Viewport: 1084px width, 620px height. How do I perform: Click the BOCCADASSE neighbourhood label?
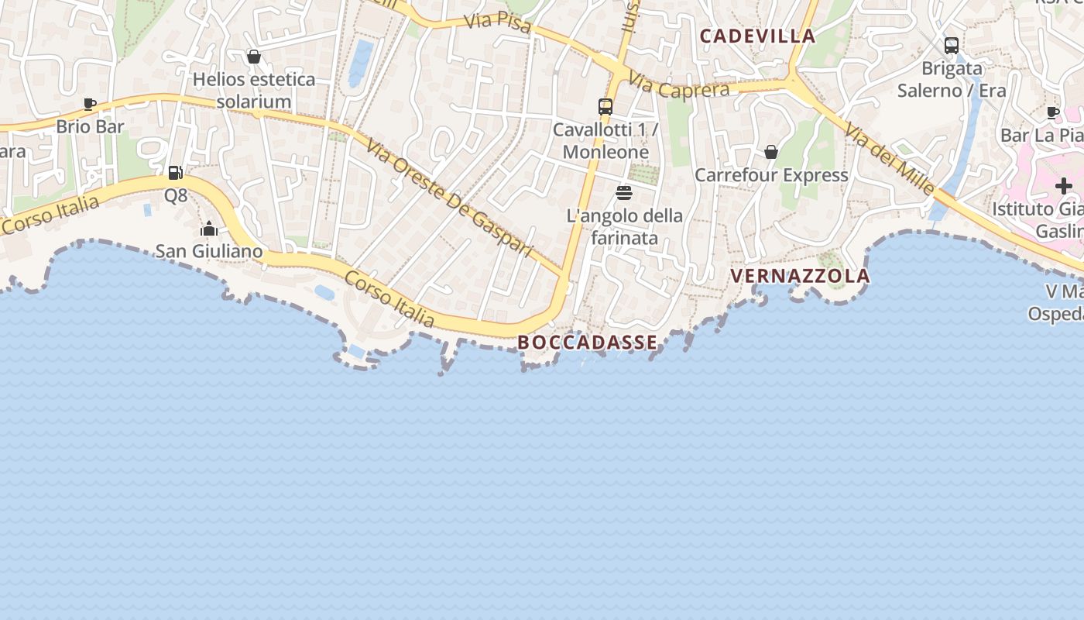(x=588, y=343)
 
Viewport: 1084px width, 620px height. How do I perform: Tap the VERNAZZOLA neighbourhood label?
(x=800, y=277)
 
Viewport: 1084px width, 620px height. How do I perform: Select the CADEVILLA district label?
(x=757, y=36)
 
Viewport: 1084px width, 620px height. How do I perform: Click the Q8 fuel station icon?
(x=176, y=173)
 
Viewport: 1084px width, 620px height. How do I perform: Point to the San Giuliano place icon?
(x=209, y=229)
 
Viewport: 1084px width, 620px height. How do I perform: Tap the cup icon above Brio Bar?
(x=90, y=104)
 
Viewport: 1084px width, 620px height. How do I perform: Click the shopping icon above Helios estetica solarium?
(x=253, y=57)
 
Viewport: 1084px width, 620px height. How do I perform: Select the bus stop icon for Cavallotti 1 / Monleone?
(x=605, y=107)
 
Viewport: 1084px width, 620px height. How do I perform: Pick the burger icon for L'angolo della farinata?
(x=624, y=193)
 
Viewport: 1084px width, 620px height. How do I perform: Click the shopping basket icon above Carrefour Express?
(x=771, y=152)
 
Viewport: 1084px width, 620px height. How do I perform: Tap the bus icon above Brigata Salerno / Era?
(x=952, y=46)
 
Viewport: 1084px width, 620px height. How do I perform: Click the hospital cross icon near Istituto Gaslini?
(x=1064, y=186)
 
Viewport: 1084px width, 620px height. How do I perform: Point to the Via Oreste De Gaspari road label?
(x=450, y=198)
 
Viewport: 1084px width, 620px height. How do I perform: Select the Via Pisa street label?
(x=498, y=24)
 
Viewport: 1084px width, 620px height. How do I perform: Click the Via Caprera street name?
(x=679, y=85)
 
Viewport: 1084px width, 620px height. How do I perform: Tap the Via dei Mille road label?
(x=890, y=158)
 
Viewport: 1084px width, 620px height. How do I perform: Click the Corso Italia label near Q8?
(x=51, y=215)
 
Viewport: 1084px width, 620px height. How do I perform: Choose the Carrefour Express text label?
(x=771, y=175)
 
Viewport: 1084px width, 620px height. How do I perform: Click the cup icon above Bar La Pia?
(x=1053, y=112)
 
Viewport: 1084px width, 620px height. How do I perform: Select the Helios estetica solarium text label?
(x=254, y=90)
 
